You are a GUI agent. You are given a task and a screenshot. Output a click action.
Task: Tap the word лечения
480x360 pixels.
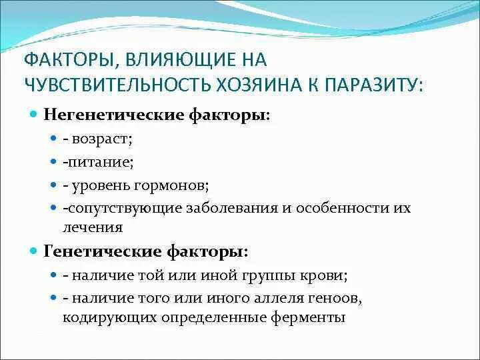(93, 227)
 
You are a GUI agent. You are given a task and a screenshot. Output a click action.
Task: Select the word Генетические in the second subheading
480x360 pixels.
(94, 252)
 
